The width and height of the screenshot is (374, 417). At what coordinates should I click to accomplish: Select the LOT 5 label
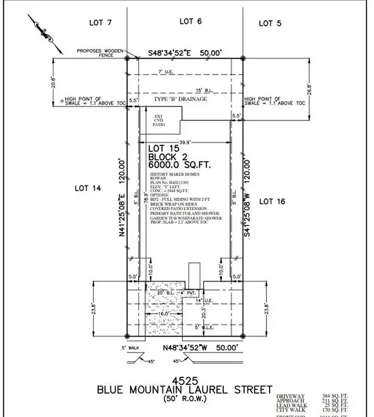pos(270,24)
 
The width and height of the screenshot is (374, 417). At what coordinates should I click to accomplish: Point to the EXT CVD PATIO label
pos(161,120)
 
